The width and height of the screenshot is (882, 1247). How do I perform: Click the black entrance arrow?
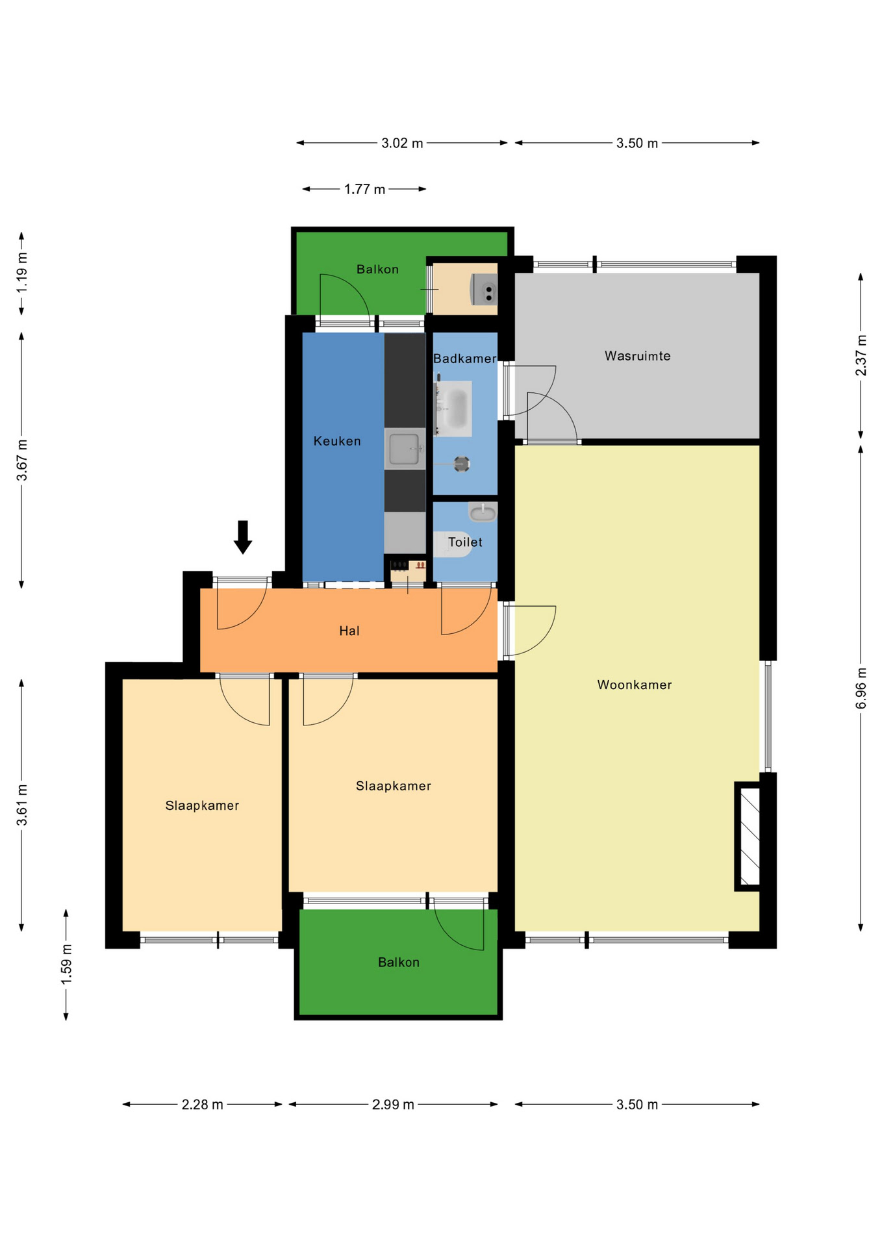pos(243,537)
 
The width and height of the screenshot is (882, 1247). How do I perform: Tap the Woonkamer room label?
pos(635,685)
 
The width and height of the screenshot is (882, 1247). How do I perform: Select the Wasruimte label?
pos(637,356)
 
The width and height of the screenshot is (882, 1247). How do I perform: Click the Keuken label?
pos(337,441)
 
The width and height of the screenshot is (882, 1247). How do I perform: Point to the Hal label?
pos(349,631)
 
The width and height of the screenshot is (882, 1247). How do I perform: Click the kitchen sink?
pos(405,449)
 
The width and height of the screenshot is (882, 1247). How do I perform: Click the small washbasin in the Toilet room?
pos(483,512)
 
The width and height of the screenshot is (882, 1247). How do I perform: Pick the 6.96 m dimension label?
pos(861,688)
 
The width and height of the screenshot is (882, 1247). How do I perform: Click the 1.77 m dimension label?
pos(364,189)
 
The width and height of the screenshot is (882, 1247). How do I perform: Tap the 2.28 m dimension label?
pos(202,1105)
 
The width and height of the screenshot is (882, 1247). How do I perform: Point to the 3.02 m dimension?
pos(402,143)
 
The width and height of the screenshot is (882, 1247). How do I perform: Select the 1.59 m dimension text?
pos(66,964)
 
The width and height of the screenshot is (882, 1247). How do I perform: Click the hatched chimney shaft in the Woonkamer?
pos(750,836)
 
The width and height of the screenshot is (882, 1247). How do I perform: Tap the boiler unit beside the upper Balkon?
pos(484,289)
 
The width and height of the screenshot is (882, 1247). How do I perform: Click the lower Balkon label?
pos(399,962)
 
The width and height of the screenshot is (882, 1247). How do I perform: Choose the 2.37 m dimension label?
pos(861,355)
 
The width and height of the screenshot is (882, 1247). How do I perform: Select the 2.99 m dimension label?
pos(393,1105)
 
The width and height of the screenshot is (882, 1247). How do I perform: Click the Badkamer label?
pos(464,359)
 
